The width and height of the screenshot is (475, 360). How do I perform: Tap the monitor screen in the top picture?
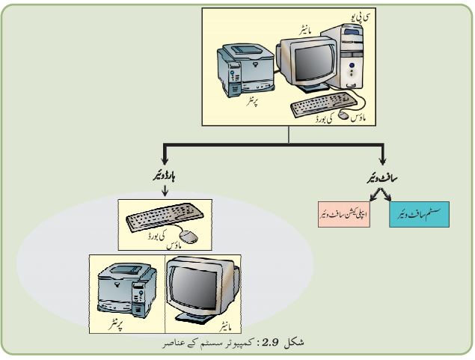coord(314,63)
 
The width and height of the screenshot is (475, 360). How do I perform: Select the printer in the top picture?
coord(245,70)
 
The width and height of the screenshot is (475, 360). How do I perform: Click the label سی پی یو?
coord(360,17)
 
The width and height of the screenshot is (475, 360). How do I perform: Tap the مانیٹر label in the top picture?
coord(305,31)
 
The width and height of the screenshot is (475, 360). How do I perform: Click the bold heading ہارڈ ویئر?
coord(164,177)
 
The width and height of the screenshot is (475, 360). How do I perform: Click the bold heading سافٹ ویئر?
coord(382,178)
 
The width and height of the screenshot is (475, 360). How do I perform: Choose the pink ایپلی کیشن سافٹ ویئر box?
coord(344,214)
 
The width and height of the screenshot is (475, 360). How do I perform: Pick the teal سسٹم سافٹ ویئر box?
coord(419,214)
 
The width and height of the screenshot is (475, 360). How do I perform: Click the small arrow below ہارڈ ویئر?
coord(165,191)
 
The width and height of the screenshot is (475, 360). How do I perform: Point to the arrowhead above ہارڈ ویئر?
coord(165,160)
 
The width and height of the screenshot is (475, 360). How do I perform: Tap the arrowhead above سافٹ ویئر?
coord(382,160)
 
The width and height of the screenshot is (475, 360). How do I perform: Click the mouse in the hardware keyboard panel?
coord(189,236)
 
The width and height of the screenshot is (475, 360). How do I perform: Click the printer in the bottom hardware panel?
coord(127,290)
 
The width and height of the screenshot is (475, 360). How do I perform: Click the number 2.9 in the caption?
coord(270,343)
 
